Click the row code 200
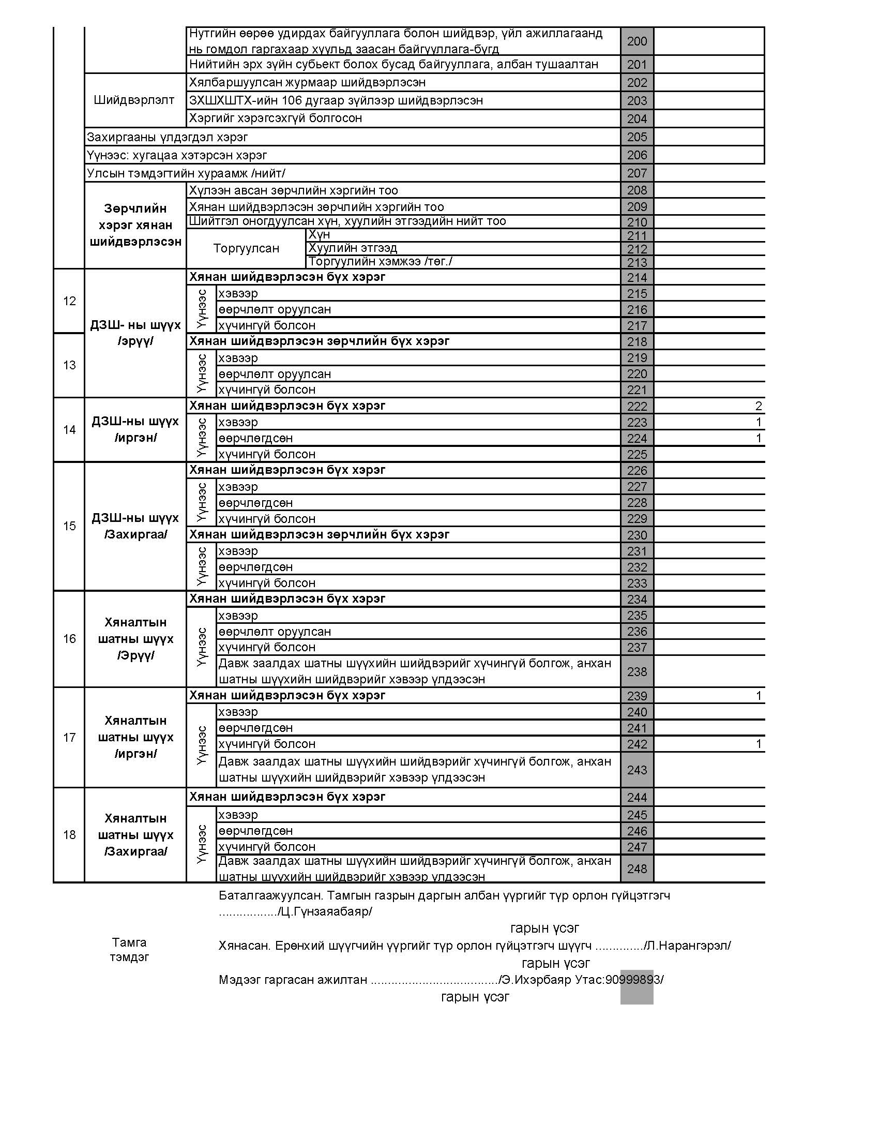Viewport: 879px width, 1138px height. click(637, 41)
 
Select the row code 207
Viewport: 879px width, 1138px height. click(637, 173)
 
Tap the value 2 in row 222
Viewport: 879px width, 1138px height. click(758, 406)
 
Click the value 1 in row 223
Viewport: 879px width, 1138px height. click(759, 422)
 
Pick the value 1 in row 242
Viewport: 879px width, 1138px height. click(759, 744)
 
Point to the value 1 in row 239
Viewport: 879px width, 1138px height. click(759, 696)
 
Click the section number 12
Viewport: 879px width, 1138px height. click(69, 301)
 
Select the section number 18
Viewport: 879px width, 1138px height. click(69, 835)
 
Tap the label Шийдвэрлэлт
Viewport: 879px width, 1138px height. click(134, 100)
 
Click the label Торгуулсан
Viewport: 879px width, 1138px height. click(246, 248)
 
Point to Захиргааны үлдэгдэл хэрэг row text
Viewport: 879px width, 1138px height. click(167, 137)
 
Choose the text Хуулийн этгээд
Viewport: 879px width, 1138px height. click(353, 248)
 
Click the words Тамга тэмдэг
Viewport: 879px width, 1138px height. click(129, 949)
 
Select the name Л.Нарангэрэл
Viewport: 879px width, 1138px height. click(688, 945)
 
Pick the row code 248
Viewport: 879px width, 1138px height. click(637, 869)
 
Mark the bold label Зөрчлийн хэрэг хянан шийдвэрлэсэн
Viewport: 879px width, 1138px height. click(135, 225)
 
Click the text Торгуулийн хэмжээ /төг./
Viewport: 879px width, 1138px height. click(380, 262)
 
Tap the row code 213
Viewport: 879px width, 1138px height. click(637, 262)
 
